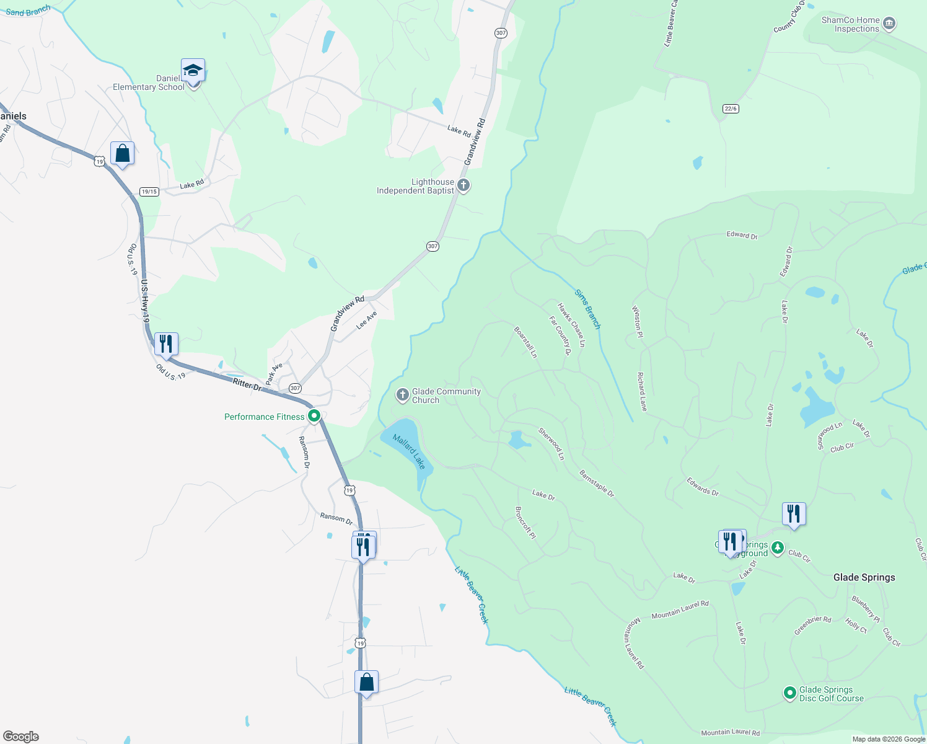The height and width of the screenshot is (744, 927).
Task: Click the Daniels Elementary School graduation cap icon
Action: [193, 71]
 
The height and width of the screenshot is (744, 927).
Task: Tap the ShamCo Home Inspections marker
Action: [889, 24]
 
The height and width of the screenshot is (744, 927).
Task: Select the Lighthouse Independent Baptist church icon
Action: [463, 185]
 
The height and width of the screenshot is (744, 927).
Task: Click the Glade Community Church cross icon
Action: [402, 395]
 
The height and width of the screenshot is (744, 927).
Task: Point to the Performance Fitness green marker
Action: [314, 416]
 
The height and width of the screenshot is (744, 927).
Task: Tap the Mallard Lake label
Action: [409, 452]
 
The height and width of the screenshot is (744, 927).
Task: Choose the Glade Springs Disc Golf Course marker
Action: [789, 693]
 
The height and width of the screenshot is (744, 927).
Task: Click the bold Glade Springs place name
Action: [864, 577]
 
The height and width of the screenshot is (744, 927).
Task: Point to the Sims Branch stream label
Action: [587, 309]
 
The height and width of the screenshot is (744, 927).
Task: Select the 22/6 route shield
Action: [731, 108]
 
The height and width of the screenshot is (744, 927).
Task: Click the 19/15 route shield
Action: [149, 192]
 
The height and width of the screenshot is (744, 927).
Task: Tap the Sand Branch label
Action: [28, 11]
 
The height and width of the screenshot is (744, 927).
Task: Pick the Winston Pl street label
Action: [636, 321]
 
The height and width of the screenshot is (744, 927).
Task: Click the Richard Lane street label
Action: [642, 392]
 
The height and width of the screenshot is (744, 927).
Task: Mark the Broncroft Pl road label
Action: [525, 523]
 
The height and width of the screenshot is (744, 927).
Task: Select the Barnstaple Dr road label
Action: [596, 484]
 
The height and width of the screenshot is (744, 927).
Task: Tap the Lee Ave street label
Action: [367, 321]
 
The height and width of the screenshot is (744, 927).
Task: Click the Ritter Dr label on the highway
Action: [247, 384]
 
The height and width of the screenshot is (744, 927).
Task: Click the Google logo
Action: [21, 736]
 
